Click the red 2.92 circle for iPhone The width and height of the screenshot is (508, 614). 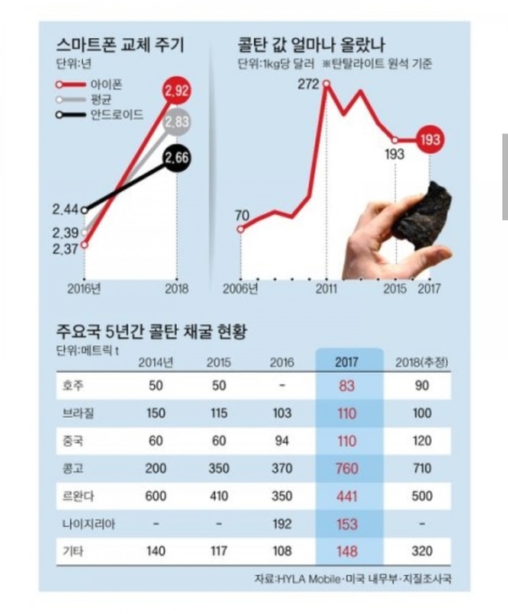176,90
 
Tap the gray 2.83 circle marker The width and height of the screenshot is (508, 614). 176,122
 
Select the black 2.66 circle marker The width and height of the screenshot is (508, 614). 177,157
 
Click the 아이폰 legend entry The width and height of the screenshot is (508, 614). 89,85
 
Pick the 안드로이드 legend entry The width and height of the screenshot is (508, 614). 100,115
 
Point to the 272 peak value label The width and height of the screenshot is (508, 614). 308,84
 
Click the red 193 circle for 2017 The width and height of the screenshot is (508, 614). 430,140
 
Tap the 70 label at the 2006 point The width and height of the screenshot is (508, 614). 242,215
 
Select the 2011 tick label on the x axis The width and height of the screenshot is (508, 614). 327,288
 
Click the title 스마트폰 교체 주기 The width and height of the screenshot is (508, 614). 120,45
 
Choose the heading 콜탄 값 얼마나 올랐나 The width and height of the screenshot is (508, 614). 312,45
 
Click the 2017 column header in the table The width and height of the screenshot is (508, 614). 346,362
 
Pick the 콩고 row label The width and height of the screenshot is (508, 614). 73,469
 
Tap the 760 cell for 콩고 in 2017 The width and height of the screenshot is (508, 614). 347,469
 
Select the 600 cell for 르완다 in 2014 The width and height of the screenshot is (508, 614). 156,496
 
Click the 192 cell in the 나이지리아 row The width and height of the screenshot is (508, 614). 282,524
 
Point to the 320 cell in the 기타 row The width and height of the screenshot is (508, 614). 422,551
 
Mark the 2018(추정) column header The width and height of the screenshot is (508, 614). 422,362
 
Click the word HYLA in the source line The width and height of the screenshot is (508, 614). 291,578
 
